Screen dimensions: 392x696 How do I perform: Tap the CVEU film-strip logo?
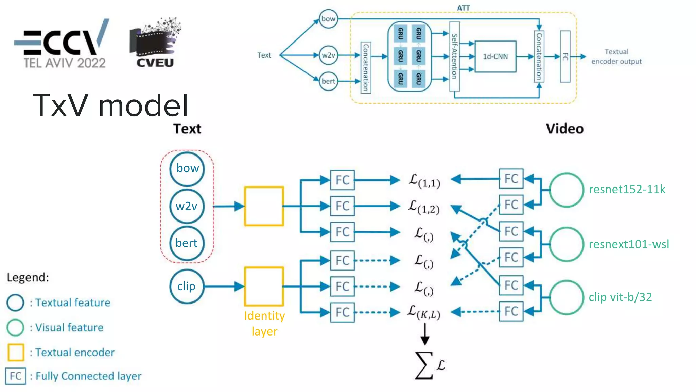(x=155, y=44)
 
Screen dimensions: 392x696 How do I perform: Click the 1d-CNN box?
(x=495, y=56)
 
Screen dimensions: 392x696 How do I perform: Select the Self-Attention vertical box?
(x=454, y=56)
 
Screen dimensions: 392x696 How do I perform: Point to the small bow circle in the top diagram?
(x=328, y=19)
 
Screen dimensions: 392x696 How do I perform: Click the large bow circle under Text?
(x=187, y=169)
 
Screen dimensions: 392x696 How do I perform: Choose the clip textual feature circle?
(x=186, y=286)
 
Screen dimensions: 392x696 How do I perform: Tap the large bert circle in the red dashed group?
(x=187, y=243)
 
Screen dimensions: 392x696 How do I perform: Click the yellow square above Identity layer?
(x=264, y=286)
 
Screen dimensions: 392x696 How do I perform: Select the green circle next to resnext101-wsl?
(x=566, y=244)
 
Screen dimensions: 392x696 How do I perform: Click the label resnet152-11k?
(x=627, y=189)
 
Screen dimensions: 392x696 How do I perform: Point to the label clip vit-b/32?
(x=620, y=297)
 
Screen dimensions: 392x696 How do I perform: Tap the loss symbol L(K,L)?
(x=424, y=312)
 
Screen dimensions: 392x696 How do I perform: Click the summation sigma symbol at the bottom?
(x=424, y=365)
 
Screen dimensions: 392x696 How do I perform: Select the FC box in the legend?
(x=16, y=376)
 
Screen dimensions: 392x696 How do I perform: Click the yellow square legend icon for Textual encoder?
(x=16, y=352)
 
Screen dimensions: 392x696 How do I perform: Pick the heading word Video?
(x=564, y=129)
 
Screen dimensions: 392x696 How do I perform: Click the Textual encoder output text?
(x=616, y=56)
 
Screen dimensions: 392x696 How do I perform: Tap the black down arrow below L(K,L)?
(x=425, y=334)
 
